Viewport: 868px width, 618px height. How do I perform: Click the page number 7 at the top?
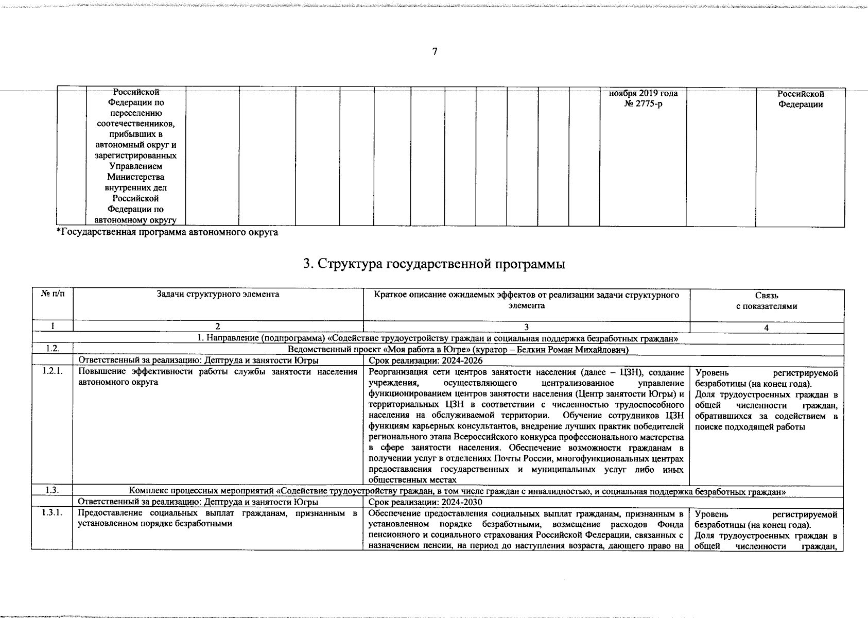435,51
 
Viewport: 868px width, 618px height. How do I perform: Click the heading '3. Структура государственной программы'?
434,264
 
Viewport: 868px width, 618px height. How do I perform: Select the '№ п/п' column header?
52,295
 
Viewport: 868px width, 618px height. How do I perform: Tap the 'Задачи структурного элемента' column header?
218,295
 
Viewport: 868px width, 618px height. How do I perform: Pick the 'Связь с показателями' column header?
766,301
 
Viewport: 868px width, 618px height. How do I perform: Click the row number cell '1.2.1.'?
52,372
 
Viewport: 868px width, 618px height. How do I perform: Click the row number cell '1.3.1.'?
52,513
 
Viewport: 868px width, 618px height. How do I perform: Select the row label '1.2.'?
52,349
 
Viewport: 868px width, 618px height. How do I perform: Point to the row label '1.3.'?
52,490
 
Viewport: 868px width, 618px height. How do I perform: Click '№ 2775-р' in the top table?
643,105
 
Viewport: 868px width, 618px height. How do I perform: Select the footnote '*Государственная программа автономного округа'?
167,233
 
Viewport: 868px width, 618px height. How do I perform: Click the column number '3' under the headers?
526,327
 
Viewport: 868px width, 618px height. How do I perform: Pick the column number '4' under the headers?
766,327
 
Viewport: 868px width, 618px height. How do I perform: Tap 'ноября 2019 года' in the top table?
643,94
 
